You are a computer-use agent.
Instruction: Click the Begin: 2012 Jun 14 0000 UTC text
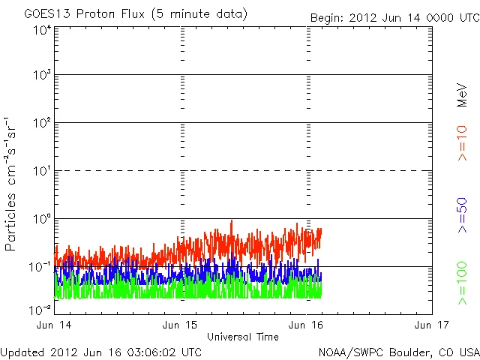coord(394,18)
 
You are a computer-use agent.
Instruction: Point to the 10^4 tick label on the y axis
coord(42,31)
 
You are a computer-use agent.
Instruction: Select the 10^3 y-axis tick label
coord(42,76)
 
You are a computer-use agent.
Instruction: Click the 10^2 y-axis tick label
coord(42,124)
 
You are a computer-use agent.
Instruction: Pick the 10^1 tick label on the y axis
coord(42,172)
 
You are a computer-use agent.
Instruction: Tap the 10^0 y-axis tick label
coord(42,220)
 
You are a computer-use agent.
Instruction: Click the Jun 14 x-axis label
coord(55,325)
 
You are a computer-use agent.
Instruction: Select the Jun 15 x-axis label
coord(182,325)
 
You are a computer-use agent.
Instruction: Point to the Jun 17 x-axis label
coord(431,325)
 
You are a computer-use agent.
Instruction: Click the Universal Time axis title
coord(243,337)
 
